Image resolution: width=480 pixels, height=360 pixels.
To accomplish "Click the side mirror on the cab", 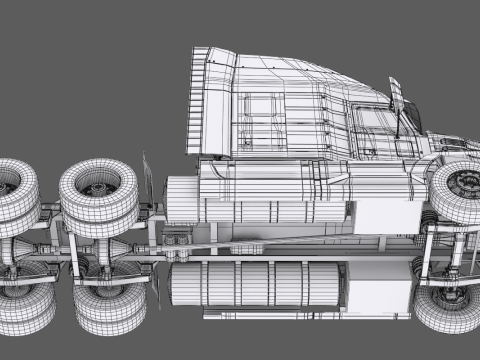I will point(397,99).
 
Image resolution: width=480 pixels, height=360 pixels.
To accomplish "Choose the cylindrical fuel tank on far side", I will point(255,285).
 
